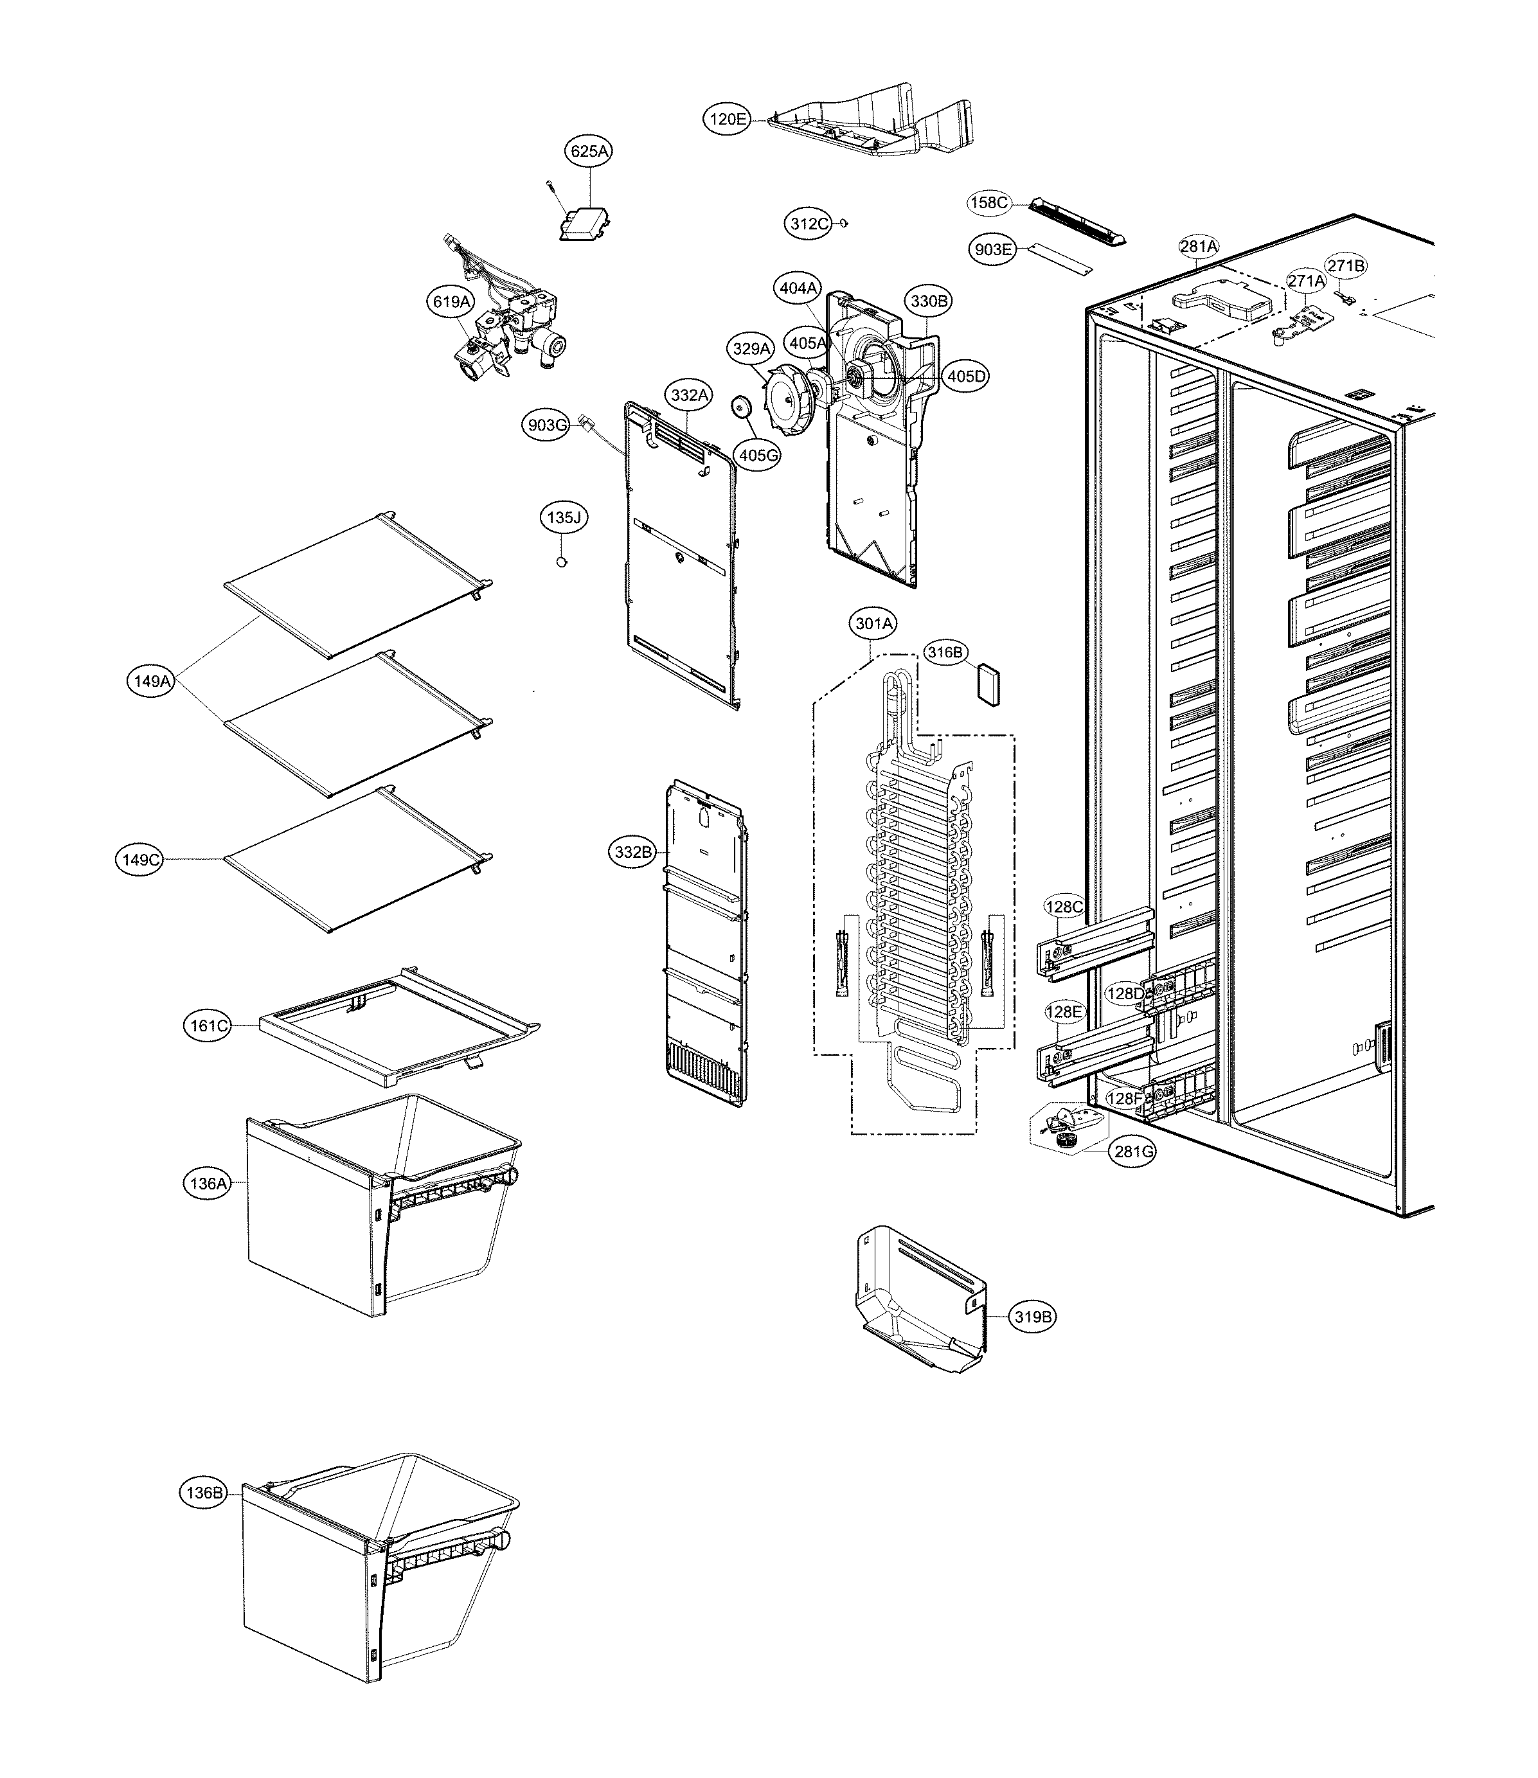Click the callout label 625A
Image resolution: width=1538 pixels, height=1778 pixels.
point(591,151)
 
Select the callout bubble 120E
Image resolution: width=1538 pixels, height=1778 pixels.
point(728,120)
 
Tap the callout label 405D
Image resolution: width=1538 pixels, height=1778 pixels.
point(967,376)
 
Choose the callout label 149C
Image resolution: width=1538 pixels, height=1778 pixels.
point(140,859)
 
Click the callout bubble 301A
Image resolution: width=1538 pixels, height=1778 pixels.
point(873,624)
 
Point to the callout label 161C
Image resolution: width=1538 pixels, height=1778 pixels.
point(208,1024)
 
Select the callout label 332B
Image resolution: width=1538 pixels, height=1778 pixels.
point(634,852)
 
